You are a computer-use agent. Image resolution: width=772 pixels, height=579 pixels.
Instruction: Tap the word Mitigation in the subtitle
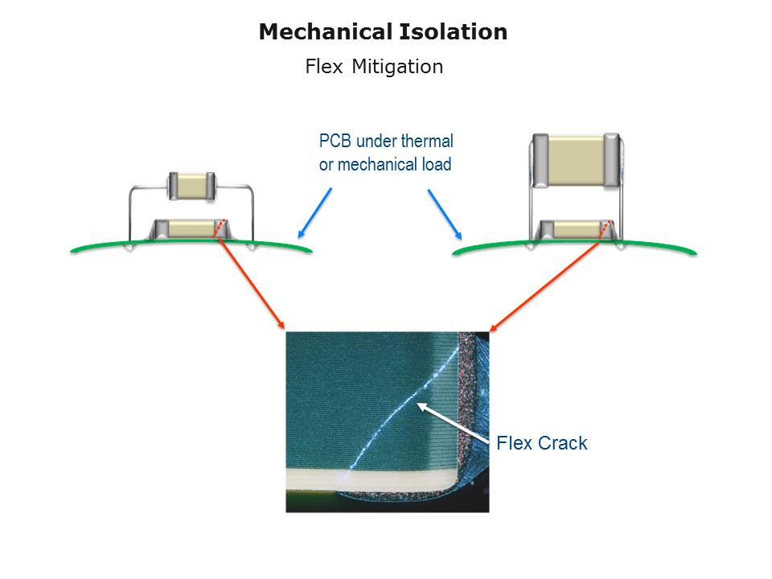(x=397, y=67)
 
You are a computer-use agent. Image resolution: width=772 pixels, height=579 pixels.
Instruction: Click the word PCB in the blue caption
(x=335, y=142)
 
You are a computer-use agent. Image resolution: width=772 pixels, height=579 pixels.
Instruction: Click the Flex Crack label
(x=542, y=443)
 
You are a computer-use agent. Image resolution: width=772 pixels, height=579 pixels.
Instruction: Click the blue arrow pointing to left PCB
(x=314, y=213)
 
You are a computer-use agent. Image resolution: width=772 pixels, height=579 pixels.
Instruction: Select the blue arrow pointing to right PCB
(x=444, y=214)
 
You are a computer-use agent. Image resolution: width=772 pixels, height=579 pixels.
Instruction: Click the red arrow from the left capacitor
(x=251, y=283)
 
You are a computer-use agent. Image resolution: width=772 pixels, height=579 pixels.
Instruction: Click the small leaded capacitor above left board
(x=191, y=186)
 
